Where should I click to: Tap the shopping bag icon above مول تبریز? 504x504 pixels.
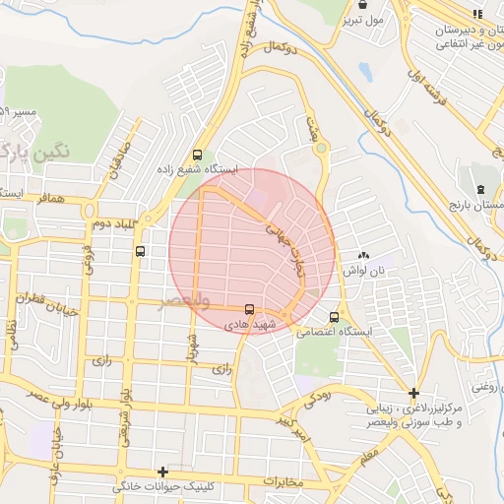click(363, 4)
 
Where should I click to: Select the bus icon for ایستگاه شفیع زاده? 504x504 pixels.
click(198, 155)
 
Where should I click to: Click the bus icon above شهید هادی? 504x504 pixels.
click(248, 308)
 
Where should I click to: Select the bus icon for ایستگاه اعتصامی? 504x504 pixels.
click(335, 317)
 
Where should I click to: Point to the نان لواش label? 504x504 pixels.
click(363, 270)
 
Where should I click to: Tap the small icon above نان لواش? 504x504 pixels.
click(363, 255)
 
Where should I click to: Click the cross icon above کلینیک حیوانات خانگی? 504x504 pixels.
click(162, 472)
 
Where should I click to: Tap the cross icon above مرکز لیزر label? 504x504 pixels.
click(414, 393)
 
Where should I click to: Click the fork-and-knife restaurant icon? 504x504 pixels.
click(478, 14)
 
